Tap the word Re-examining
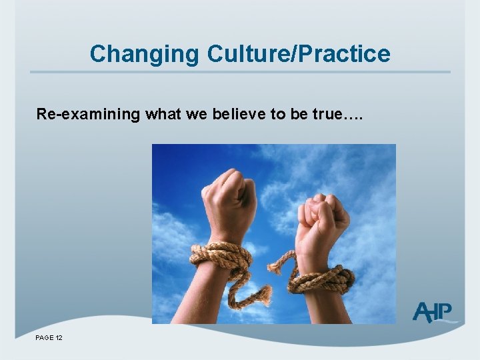tap(88, 115)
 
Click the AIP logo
tap(434, 311)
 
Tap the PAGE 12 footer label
tap(49, 339)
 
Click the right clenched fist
tap(324, 217)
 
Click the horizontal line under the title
tap(240, 72)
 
